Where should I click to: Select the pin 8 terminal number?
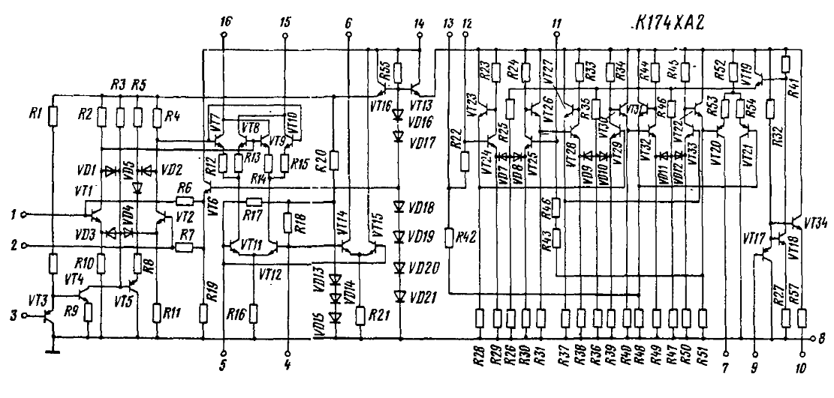tap(824, 337)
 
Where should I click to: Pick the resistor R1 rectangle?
tap(53, 115)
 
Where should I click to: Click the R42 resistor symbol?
tap(448, 238)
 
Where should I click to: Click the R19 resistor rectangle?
tap(204, 311)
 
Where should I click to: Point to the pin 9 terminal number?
tap(754, 368)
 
